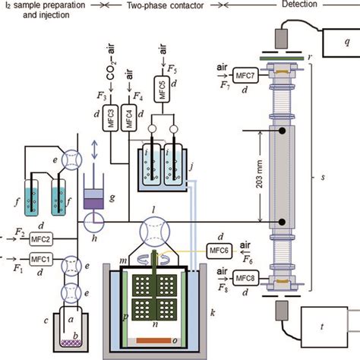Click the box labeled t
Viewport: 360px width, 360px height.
(x=332, y=328)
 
